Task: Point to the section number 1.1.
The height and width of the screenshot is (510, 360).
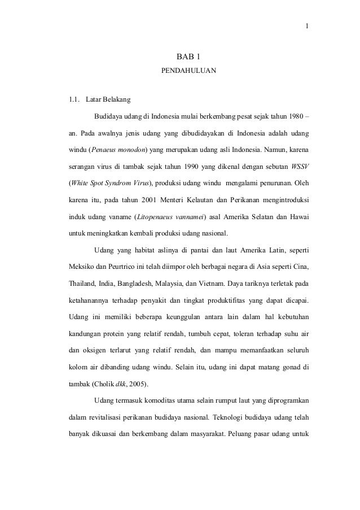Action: (x=73, y=101)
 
